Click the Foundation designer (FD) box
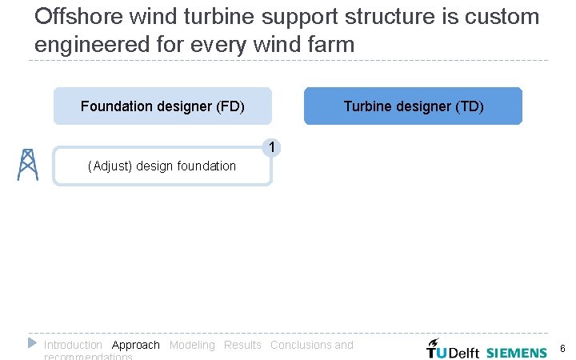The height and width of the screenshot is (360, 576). [x=162, y=106]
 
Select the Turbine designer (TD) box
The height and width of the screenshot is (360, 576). [x=413, y=106]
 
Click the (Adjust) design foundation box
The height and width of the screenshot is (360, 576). [x=162, y=166]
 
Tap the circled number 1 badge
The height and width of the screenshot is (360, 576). [x=273, y=147]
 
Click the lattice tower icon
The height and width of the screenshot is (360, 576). [x=27, y=165]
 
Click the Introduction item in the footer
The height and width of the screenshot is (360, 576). [x=73, y=345]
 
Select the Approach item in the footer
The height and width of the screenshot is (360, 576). [x=136, y=345]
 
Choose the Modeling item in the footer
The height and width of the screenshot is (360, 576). [x=192, y=345]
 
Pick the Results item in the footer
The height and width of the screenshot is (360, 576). [x=242, y=345]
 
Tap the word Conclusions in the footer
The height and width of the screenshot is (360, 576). [x=301, y=345]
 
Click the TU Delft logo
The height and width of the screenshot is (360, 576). [x=452, y=350]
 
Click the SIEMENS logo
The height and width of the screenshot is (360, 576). [x=517, y=352]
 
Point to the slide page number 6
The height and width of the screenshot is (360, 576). [x=562, y=349]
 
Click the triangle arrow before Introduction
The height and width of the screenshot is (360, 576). [x=32, y=343]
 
